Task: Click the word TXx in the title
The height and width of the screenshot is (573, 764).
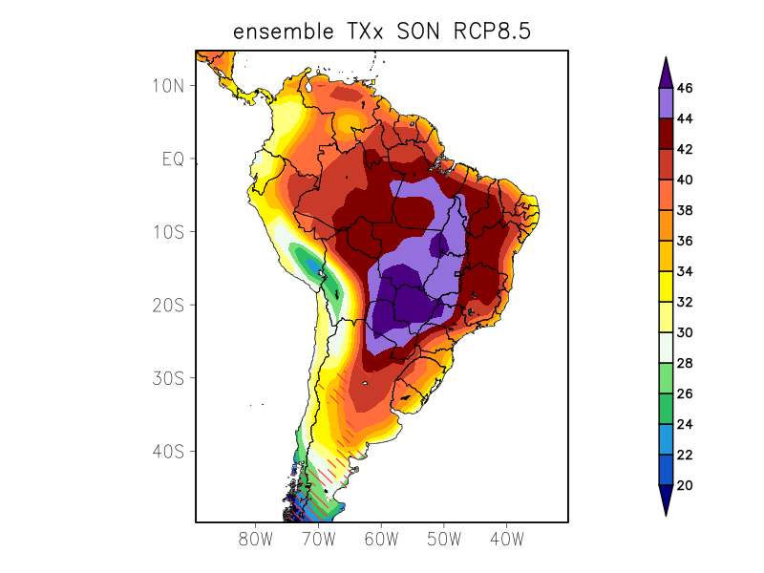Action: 361,32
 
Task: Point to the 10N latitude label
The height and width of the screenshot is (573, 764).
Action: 167,85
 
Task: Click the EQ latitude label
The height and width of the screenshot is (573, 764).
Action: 173,159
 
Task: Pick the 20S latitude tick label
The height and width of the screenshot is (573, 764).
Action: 167,305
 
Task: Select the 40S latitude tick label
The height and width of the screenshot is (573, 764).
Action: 167,451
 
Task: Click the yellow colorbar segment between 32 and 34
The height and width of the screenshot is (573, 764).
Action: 666,286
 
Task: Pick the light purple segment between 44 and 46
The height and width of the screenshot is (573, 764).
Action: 666,103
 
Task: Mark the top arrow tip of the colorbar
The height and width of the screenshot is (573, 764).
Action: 666,59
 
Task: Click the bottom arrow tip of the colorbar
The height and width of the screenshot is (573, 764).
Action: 666,513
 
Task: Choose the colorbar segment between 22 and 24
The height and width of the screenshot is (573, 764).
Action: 666,439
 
